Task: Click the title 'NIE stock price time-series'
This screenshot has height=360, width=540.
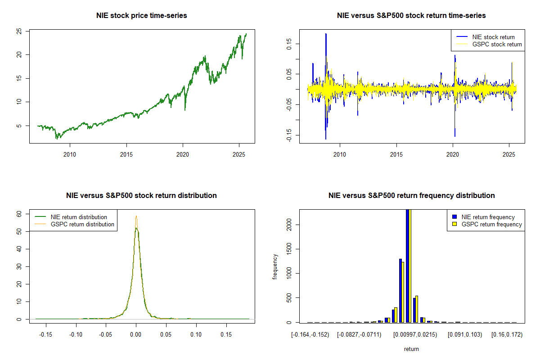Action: tap(142, 16)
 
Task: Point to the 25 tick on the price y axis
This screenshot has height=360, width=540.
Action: tap(19, 31)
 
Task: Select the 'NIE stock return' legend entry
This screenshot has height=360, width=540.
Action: tap(493, 37)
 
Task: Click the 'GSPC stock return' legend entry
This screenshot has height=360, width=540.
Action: tap(497, 44)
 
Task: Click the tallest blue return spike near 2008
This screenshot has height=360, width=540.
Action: tap(325, 34)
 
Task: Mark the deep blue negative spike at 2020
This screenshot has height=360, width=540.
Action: tap(455, 135)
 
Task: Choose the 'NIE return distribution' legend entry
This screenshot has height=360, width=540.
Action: tap(79, 217)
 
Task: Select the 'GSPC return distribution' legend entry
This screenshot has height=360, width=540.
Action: tap(82, 224)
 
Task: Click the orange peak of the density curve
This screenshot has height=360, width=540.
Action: tap(136, 216)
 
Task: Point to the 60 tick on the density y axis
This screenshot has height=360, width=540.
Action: tap(19, 214)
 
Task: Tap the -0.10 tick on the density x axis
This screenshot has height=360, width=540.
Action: tap(76, 335)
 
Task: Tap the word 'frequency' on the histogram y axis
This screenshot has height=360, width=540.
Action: tap(275, 266)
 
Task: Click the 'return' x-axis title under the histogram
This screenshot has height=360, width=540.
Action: tap(411, 349)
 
